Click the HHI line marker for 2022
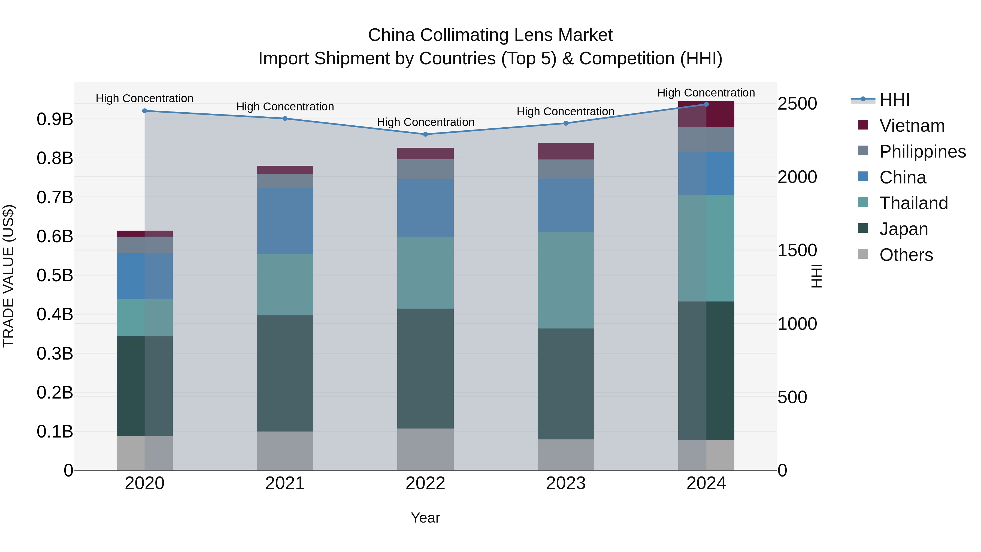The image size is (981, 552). pyautogui.click(x=425, y=134)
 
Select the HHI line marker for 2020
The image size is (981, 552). pyautogui.click(x=144, y=111)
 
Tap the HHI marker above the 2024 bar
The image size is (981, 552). pyautogui.click(x=706, y=104)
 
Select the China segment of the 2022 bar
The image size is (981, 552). pyautogui.click(x=425, y=208)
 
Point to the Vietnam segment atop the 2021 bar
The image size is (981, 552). pyautogui.click(x=285, y=170)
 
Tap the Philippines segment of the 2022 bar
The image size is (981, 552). pyautogui.click(x=425, y=169)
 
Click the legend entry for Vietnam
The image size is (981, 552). pyautogui.click(x=912, y=126)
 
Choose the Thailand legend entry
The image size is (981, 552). pyautogui.click(x=913, y=203)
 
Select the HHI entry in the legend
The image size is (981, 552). pyautogui.click(x=894, y=100)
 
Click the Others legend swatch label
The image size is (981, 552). pyautogui.click(x=906, y=255)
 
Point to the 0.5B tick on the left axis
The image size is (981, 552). pyautogui.click(x=55, y=275)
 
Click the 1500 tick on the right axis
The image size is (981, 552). pyautogui.click(x=797, y=250)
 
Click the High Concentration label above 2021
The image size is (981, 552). pyautogui.click(x=285, y=107)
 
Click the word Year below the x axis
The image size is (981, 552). pyautogui.click(x=425, y=518)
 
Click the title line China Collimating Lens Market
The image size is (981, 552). pyautogui.click(x=490, y=35)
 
